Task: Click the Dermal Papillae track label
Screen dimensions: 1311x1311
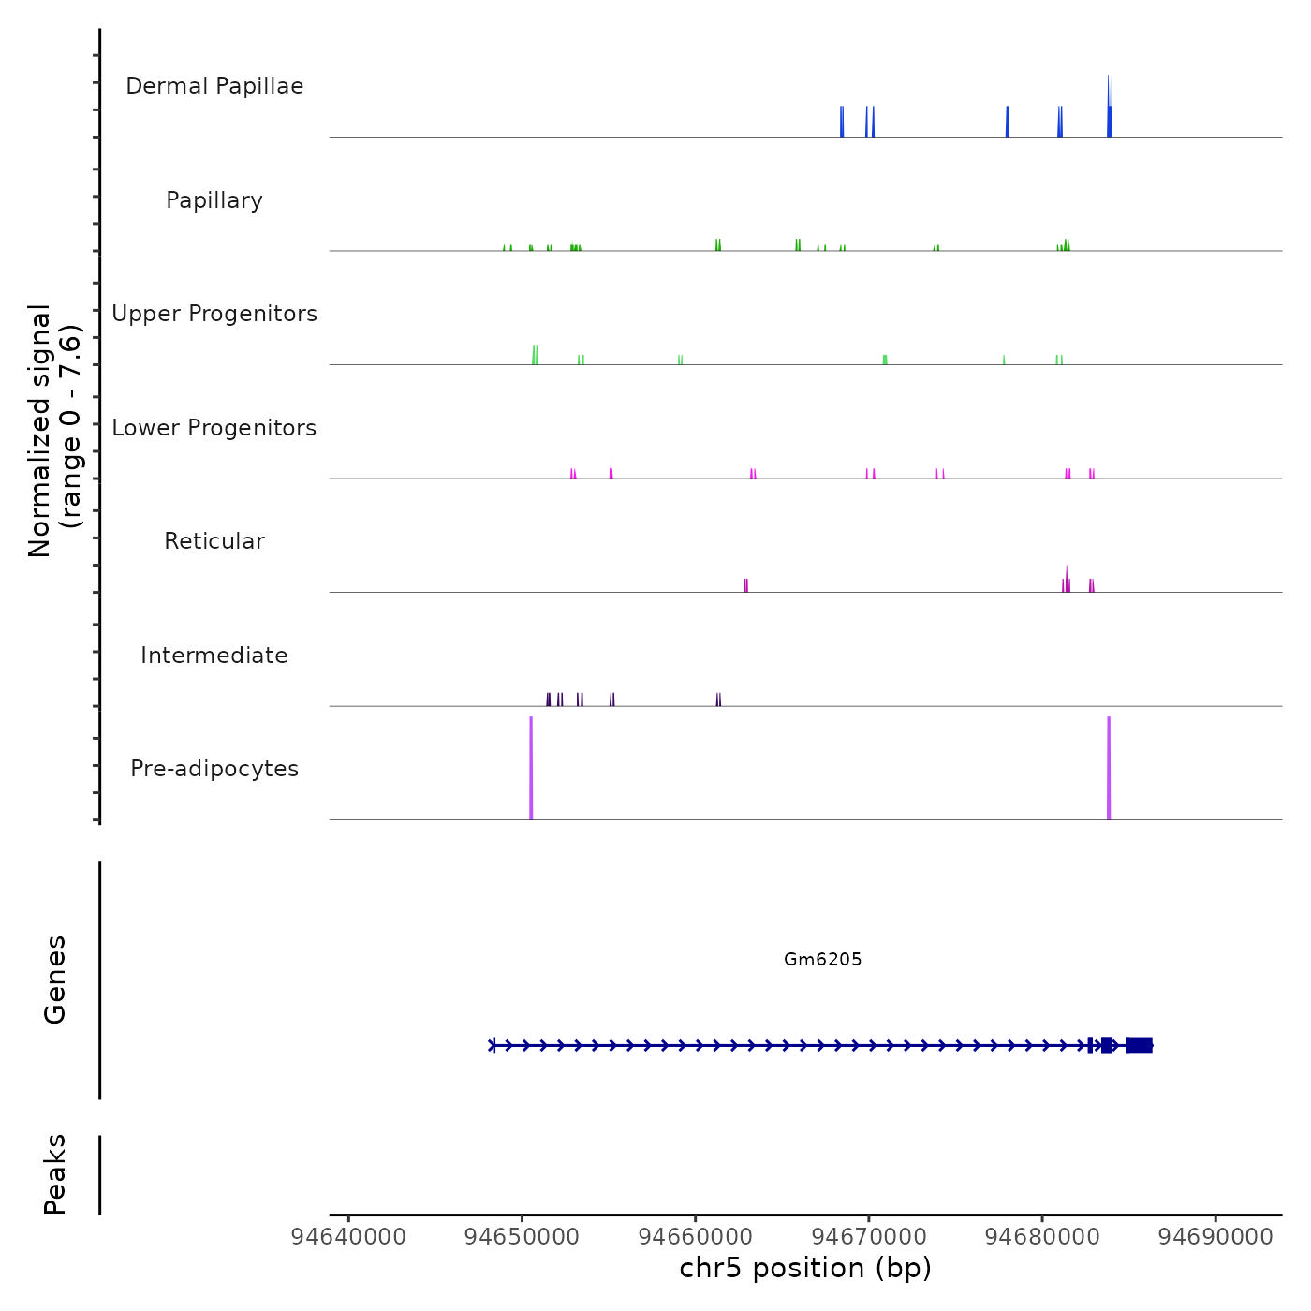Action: tap(214, 86)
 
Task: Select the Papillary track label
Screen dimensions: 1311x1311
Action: tap(214, 200)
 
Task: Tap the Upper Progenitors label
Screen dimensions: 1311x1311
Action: tap(214, 314)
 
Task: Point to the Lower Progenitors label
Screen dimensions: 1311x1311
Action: tap(214, 428)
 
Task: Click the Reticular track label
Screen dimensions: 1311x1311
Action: tap(214, 541)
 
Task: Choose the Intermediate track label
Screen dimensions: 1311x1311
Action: tap(214, 655)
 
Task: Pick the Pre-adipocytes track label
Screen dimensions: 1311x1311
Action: tap(214, 769)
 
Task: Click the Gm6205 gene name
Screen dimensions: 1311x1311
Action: tap(822, 959)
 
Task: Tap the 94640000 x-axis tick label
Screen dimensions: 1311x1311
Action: tap(348, 1237)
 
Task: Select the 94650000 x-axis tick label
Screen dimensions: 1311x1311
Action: tap(523, 1237)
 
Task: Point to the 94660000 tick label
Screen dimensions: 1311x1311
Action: tap(696, 1237)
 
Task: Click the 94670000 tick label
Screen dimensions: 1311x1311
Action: tap(869, 1237)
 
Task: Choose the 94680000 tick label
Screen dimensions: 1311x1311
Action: tap(1042, 1237)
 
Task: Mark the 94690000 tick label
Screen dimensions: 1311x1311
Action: tap(1215, 1237)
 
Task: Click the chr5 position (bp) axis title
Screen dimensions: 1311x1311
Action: tap(805, 1268)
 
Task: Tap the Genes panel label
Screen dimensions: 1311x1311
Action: tap(55, 979)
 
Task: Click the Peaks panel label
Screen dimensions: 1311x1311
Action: tap(55, 1174)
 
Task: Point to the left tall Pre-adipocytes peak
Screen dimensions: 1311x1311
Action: tap(531, 768)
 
